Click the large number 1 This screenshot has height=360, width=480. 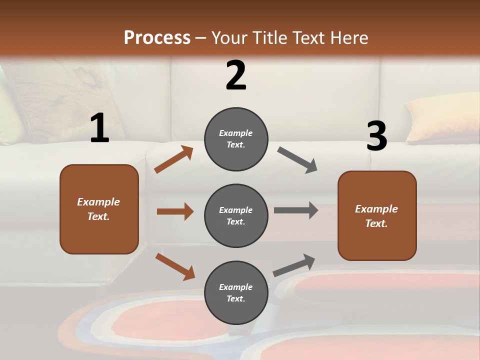point(99,128)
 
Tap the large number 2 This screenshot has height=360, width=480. point(236,76)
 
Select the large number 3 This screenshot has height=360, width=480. point(376,136)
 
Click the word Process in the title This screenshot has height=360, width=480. point(157,37)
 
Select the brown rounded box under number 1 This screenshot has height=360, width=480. point(99,209)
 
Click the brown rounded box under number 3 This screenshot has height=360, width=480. point(377,215)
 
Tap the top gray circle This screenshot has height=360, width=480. point(236,139)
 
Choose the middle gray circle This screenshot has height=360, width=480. point(236,215)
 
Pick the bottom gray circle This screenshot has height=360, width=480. point(236,292)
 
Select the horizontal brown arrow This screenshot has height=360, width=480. point(175,211)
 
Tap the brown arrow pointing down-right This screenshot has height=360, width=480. point(175,266)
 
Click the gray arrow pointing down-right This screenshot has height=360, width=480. point(297,160)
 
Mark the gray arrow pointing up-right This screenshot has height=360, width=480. point(294,265)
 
